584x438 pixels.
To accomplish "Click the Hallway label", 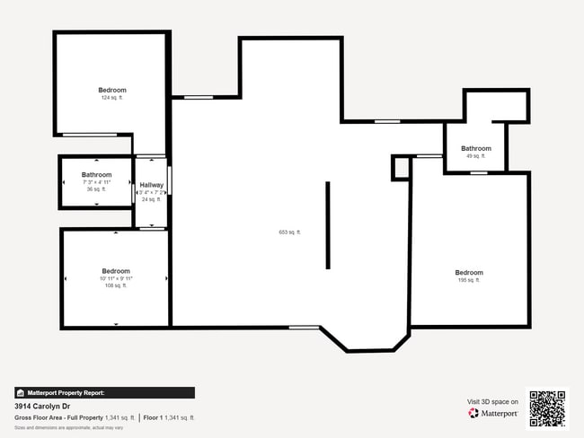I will [x=151, y=185].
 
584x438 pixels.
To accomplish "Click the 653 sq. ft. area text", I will [x=289, y=232].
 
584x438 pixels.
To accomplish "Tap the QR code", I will [x=547, y=407].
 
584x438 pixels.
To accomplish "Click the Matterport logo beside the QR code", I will [x=492, y=413].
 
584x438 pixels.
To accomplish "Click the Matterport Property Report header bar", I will [x=104, y=392].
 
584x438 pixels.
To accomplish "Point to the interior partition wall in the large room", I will [x=328, y=224].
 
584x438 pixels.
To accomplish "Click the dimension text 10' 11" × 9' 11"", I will [x=116, y=278].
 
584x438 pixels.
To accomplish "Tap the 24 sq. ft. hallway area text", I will [x=151, y=199].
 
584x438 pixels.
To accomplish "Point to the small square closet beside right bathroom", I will [x=401, y=167].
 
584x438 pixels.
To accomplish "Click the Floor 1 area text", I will [x=170, y=417].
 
